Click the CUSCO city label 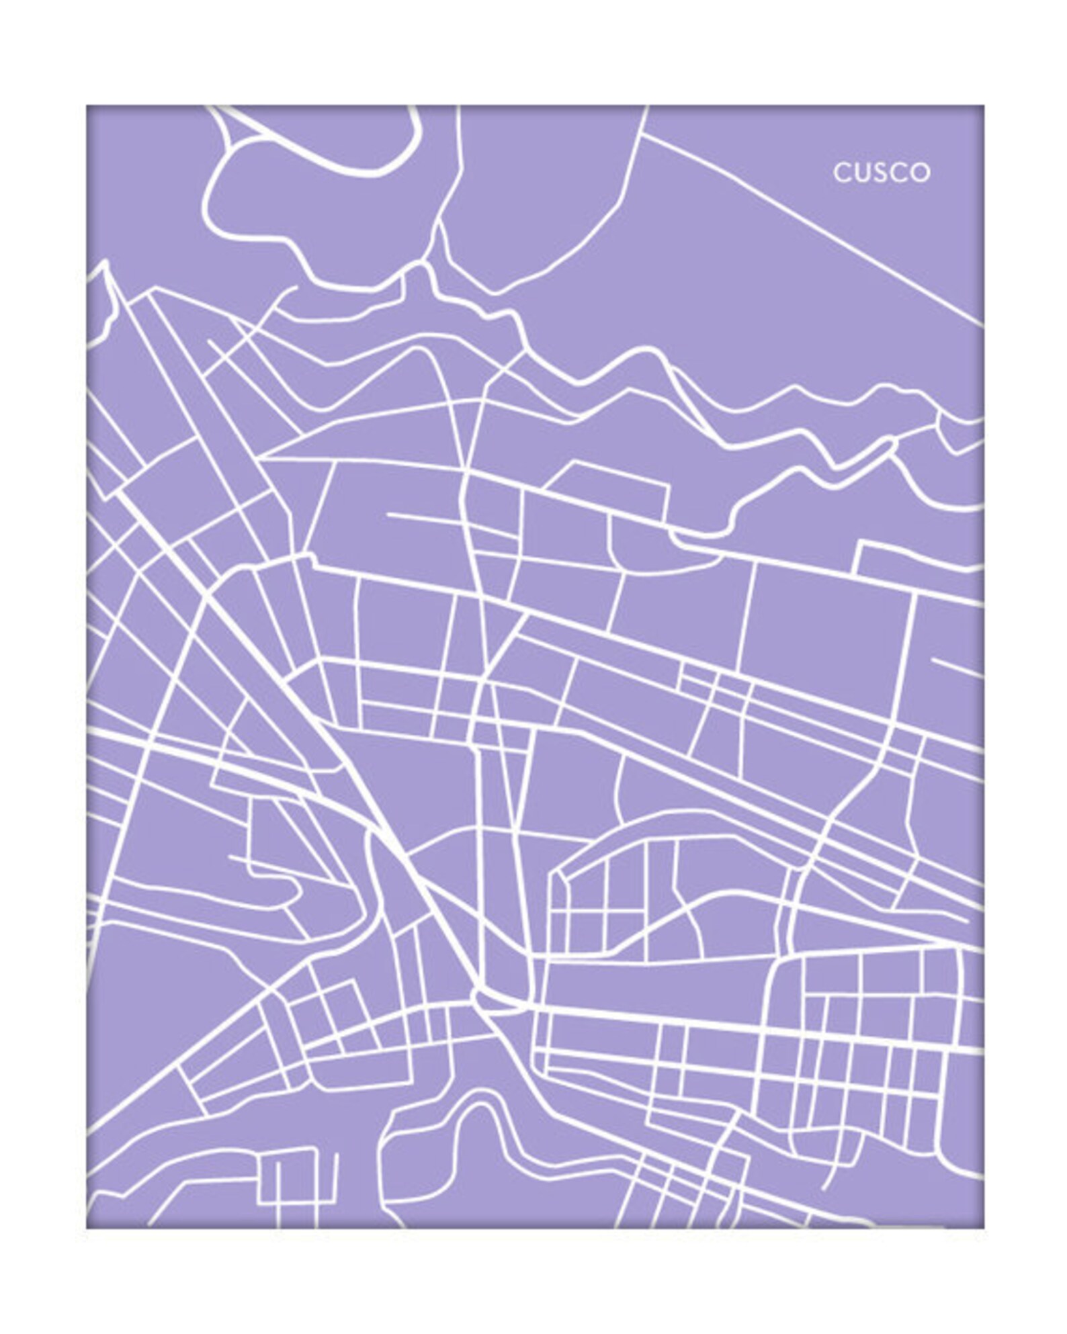tap(882, 173)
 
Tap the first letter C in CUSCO tap(842, 173)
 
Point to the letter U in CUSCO tap(862, 173)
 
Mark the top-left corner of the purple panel tap(87, 105)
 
